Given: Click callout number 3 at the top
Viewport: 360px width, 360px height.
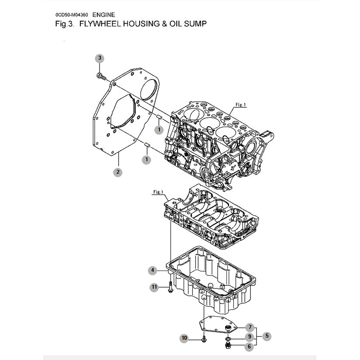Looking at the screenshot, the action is click(99, 58).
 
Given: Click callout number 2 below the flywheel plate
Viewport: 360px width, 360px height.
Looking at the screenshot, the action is click(118, 172).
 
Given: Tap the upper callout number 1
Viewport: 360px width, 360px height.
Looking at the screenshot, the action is click(159, 130).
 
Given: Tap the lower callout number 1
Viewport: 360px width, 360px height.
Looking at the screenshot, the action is click(147, 159).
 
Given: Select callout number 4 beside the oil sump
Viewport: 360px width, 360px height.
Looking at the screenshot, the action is click(153, 271).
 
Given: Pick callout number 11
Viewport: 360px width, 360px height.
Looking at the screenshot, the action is click(154, 287).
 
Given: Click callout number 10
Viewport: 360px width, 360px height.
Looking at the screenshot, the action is click(184, 338).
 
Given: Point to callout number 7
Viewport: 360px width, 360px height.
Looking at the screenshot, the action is click(250, 327).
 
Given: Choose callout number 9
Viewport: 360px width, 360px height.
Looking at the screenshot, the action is click(250, 337).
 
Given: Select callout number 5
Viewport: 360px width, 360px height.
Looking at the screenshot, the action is click(267, 336).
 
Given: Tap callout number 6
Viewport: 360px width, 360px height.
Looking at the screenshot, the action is click(249, 346).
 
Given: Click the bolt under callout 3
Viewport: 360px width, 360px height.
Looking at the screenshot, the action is click(102, 76).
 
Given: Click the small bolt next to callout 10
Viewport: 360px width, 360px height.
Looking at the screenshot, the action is click(204, 339).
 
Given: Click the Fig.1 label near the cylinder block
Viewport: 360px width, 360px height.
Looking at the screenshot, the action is click(240, 105).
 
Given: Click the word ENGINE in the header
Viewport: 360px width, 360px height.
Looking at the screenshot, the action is click(103, 15).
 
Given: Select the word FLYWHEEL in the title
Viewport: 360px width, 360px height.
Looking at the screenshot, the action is click(100, 24).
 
